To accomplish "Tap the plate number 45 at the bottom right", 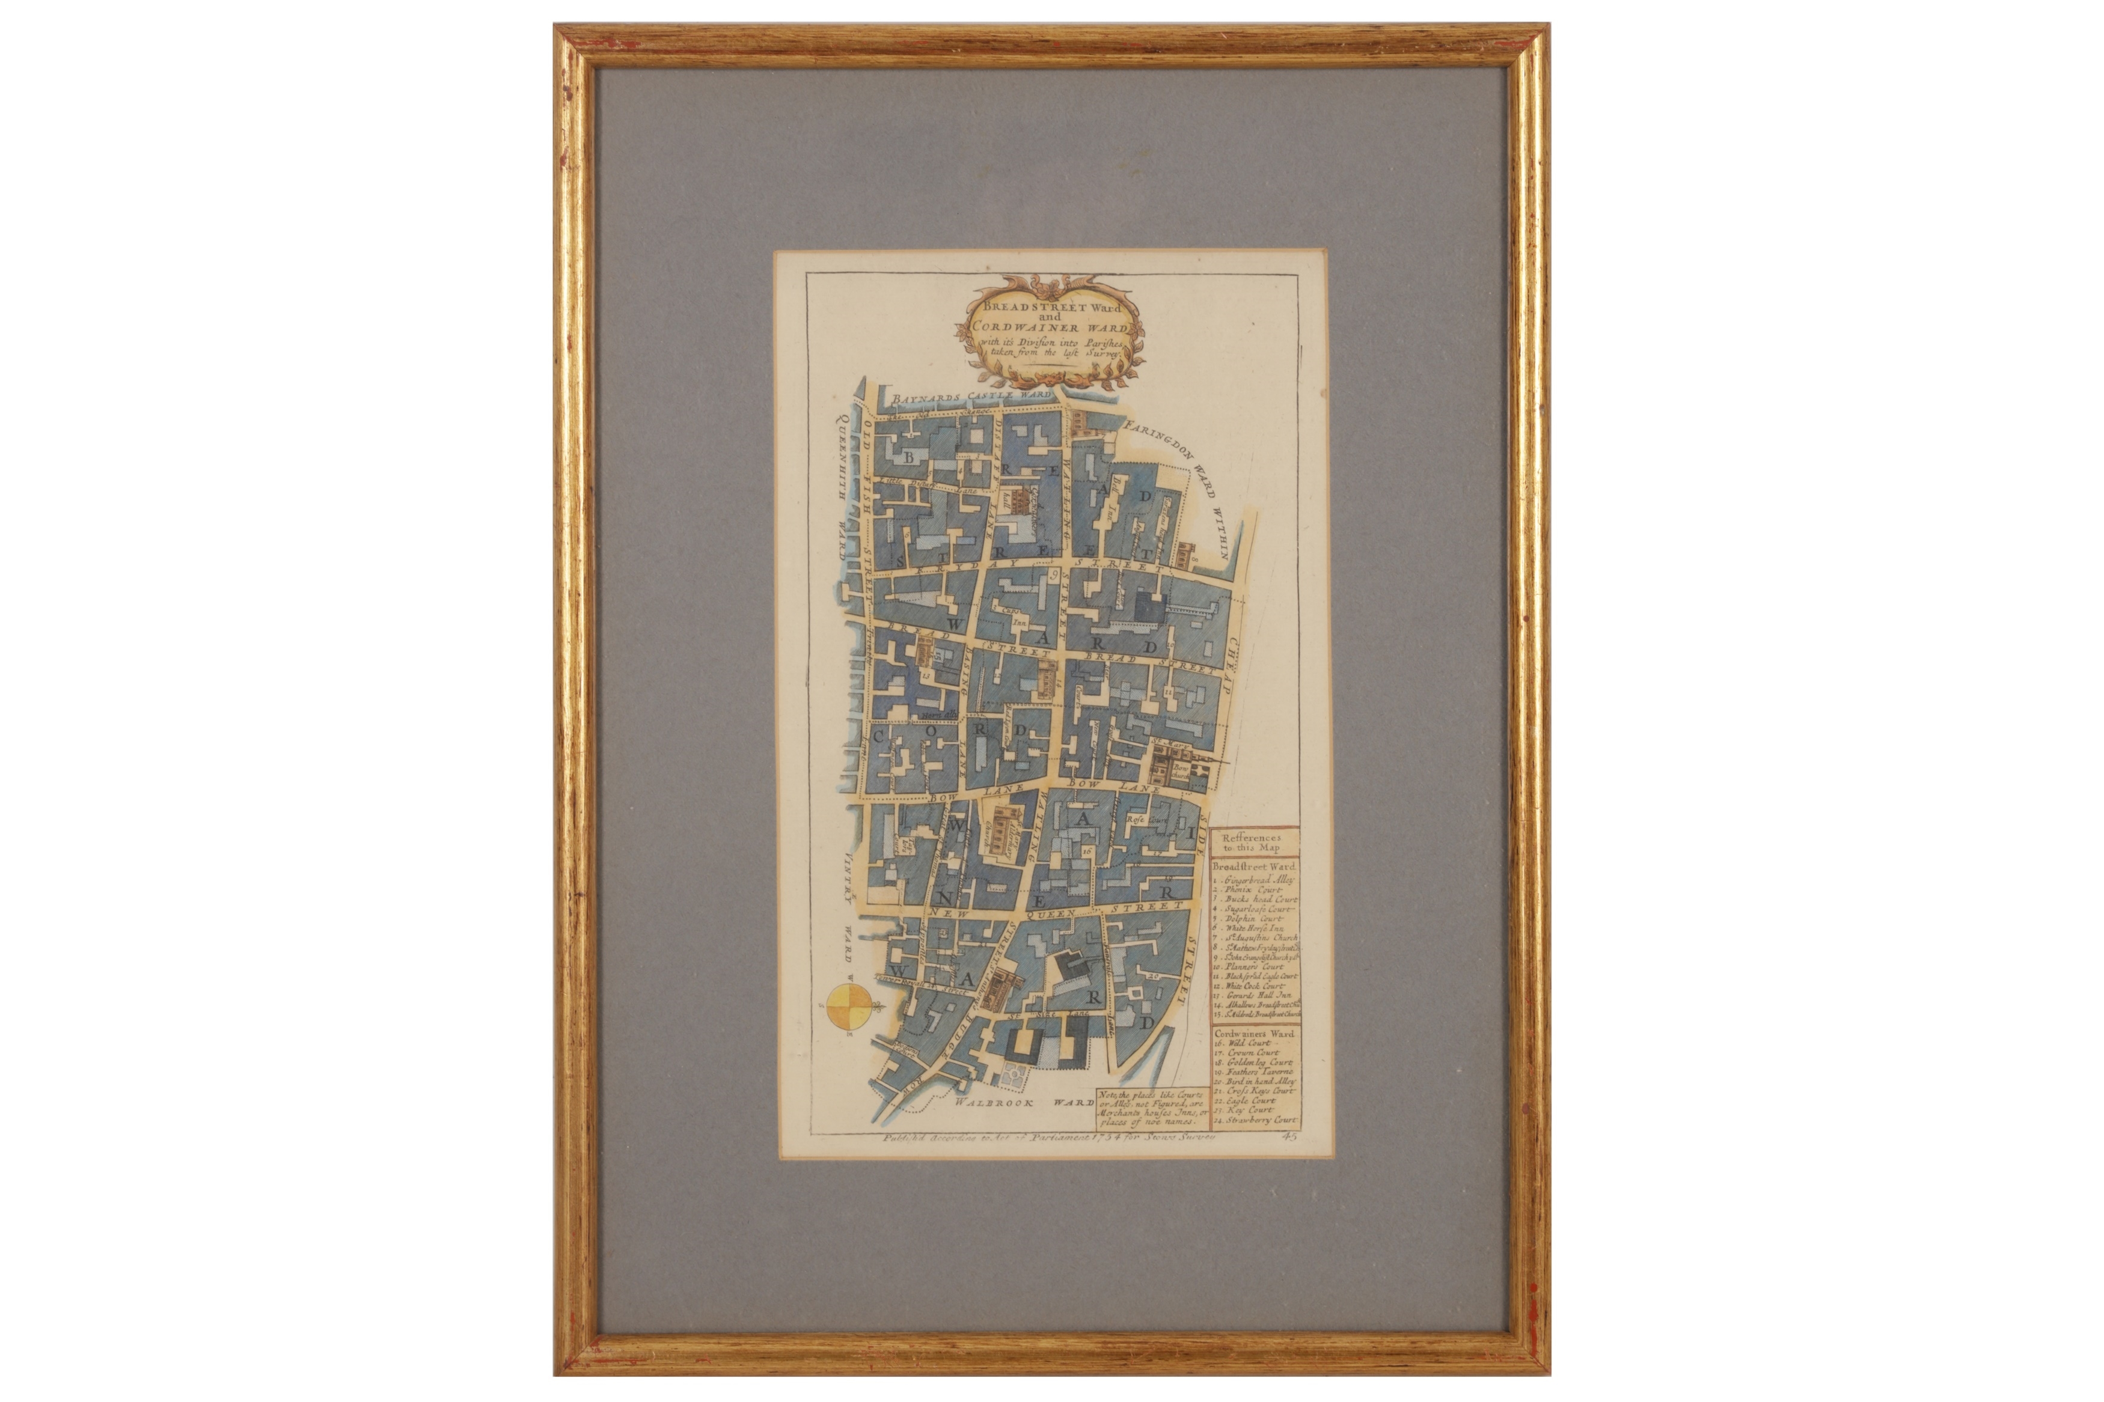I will click(x=1288, y=1138).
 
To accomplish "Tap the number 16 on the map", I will click(x=1086, y=852).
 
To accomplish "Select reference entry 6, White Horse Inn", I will click(x=1250, y=929).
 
